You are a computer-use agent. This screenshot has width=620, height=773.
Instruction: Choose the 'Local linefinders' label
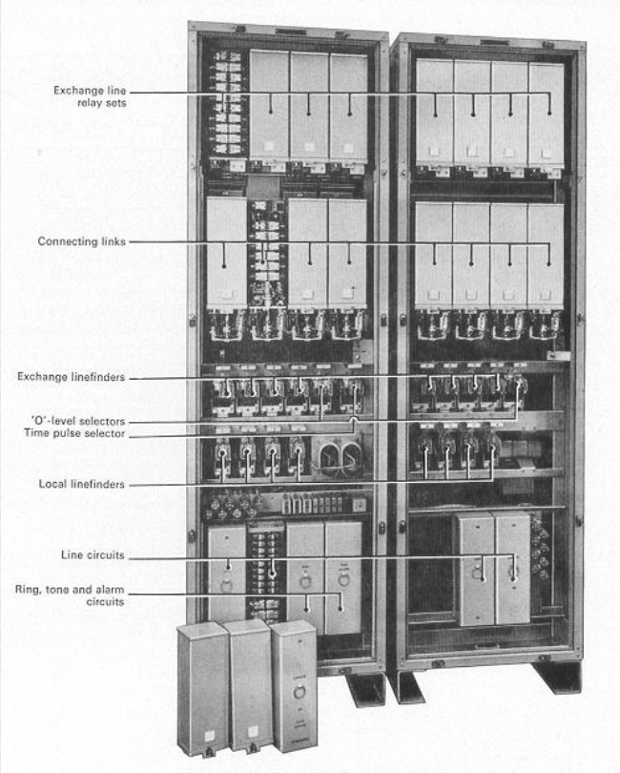coord(85,485)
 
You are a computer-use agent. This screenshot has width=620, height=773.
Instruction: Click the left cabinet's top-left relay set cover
coord(268,105)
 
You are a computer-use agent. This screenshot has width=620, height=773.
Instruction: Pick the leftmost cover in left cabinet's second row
coord(227,253)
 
